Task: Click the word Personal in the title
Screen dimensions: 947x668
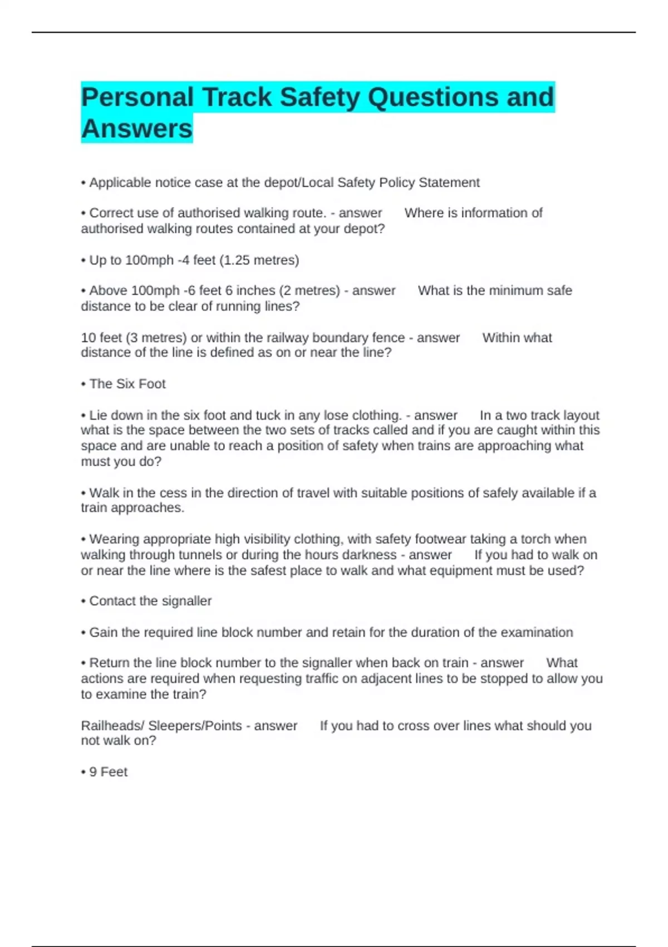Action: (x=137, y=97)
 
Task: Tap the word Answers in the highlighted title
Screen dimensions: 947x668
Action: (x=137, y=129)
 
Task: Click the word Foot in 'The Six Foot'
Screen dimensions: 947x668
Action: (x=152, y=384)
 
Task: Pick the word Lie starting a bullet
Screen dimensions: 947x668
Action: (x=98, y=416)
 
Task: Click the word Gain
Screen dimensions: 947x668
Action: (x=104, y=633)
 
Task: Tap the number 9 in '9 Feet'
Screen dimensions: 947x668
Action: (x=93, y=772)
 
